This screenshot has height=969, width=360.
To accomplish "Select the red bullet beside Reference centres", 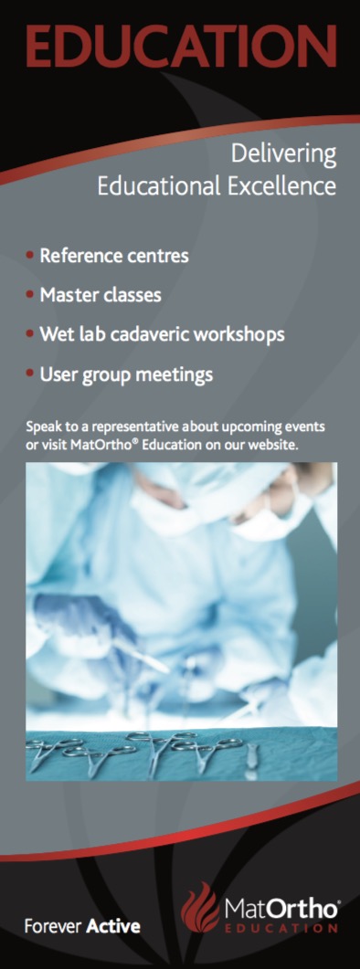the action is pyautogui.click(x=29, y=255).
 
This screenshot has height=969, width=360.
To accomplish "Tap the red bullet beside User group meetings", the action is pyautogui.click(x=29, y=374).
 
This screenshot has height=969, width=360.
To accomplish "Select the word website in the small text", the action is pyautogui.click(x=277, y=445).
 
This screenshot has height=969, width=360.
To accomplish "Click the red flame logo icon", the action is pyautogui.click(x=200, y=907).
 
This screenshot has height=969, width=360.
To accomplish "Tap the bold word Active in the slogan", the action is pyautogui.click(x=113, y=926).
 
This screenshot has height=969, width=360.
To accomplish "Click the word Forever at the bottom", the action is pyautogui.click(x=53, y=926).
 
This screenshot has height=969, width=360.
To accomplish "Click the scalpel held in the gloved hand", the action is pyautogui.click(x=143, y=653).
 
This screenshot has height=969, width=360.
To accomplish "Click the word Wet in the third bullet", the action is pyautogui.click(x=54, y=334).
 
